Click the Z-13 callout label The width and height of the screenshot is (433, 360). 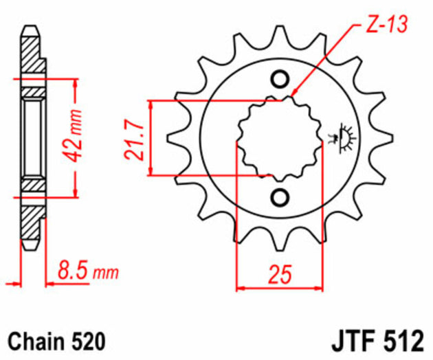(x=383, y=25)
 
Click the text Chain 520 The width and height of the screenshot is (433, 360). (x=56, y=339)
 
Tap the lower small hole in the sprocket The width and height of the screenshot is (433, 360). (x=279, y=198)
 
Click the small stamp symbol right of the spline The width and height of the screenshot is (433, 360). (x=344, y=136)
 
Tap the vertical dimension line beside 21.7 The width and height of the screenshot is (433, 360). (x=151, y=137)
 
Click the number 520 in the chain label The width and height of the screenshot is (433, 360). (x=89, y=339)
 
